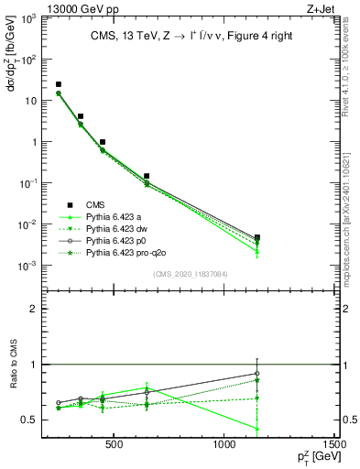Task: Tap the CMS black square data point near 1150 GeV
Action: coord(257,237)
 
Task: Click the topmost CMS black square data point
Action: coord(59,84)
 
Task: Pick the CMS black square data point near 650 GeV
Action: coord(147,175)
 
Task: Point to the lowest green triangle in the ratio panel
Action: coord(257,428)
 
